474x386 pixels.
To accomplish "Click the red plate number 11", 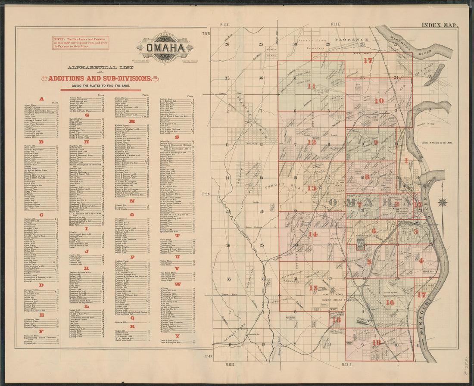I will [x=311, y=86].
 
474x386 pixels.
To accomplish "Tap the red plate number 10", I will [x=379, y=101].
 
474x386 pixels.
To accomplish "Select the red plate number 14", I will [x=313, y=234].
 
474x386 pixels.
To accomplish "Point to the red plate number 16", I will [x=390, y=302].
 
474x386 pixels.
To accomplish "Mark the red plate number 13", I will [x=312, y=188].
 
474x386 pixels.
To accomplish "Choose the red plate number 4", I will [x=421, y=261].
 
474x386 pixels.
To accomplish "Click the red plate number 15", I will [x=313, y=288].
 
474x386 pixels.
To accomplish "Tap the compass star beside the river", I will [x=443, y=202].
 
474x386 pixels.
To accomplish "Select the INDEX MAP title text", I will [x=440, y=25].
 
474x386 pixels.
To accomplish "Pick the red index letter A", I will [x=42, y=99].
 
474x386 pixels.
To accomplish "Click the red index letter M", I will [x=132, y=121].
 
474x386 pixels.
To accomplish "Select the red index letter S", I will [x=177, y=137].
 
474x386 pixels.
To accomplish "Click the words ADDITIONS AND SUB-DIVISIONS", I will [x=100, y=78].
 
